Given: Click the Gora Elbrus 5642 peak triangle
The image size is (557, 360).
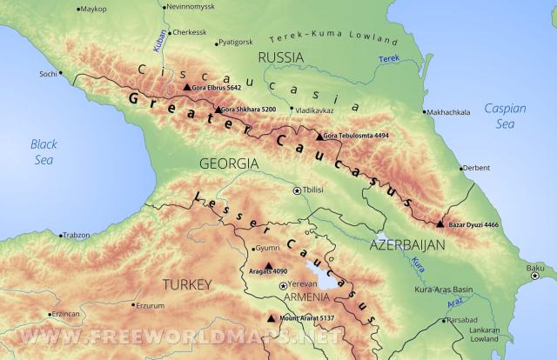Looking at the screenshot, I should point(186,88).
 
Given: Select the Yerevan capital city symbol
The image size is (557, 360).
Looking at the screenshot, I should point(282,285).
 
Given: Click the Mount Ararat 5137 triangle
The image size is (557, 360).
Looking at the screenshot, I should point(272,319).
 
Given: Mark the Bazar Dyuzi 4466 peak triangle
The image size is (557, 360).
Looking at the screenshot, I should point(440,224).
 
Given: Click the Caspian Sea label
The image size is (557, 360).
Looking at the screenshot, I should point(505,116).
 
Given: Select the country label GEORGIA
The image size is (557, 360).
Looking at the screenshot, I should point(228,163).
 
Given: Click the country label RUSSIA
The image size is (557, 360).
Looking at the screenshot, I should point(280,57).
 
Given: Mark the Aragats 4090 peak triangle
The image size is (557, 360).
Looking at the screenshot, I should point(268,267).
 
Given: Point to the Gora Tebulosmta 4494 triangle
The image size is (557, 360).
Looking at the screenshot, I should point(317,137).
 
